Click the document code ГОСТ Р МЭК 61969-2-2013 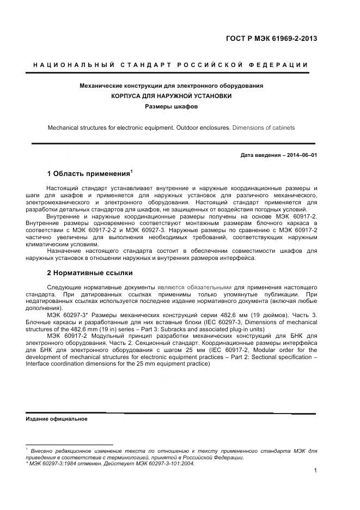coord(271,39)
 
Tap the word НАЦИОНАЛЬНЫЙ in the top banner coord(73,65)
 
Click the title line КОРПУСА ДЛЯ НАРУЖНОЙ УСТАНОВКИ coord(172,96)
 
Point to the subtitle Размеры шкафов coord(172,106)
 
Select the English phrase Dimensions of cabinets coord(264,127)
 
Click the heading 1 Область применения coord(88,174)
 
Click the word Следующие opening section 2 coord(64,287)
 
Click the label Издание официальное coord(57,419)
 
